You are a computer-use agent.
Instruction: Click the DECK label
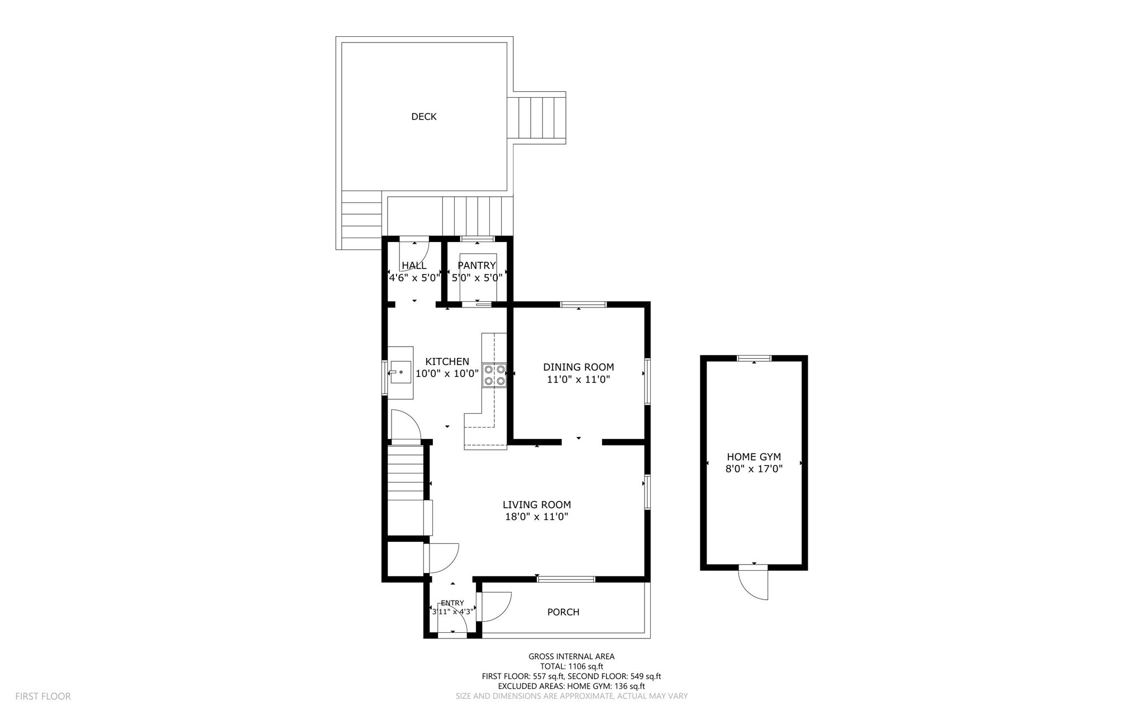point(423,116)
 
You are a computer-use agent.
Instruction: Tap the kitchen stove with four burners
point(494,375)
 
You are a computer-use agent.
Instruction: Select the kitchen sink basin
point(400,372)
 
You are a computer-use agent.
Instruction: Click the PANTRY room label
point(476,266)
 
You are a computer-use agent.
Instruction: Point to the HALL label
point(414,266)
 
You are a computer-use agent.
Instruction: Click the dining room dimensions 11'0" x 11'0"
point(578,380)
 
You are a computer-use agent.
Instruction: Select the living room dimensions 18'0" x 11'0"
point(536,517)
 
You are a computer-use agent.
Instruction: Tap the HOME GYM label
point(754,457)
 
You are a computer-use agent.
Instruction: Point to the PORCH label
point(563,612)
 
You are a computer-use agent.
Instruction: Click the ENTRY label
point(452,603)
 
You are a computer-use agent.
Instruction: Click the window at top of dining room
point(583,305)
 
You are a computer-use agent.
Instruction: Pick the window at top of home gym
point(754,358)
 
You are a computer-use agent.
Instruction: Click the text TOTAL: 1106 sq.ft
point(571,666)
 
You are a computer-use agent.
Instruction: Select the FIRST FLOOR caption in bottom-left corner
point(43,696)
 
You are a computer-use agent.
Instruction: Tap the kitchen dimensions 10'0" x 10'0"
point(447,374)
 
